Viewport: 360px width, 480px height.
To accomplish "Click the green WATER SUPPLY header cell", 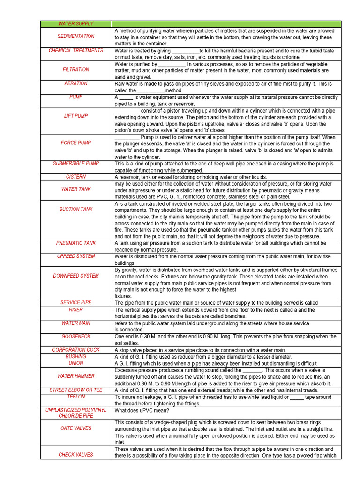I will coord(76,23).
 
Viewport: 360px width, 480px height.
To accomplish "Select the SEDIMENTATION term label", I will coord(76,36).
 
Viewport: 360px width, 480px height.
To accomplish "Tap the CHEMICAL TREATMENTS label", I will coord(76,50).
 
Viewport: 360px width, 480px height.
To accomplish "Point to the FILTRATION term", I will coord(76,69).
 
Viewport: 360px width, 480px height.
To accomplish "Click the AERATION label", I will coord(76,83).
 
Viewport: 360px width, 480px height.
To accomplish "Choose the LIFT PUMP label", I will coord(76,116).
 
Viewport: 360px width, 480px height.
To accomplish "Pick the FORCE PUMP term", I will coord(76,142).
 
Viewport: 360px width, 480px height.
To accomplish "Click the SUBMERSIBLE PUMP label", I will coord(76,163).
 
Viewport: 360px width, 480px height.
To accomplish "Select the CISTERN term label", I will coord(76,177).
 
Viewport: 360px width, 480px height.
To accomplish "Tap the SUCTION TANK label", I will coord(76,209).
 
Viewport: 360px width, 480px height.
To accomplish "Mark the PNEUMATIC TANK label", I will coord(76,243).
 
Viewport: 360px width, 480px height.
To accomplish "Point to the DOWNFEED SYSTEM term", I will coord(76,276).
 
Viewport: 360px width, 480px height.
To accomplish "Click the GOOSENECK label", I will coord(76,337).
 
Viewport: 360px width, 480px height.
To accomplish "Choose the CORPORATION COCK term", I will coord(76,350).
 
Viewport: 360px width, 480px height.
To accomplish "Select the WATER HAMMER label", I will coord(76,376).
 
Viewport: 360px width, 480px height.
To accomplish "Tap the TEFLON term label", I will coord(76,397).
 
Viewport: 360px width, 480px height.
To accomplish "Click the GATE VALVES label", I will coord(76,428).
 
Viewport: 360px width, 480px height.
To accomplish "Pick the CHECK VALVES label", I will coord(76,455).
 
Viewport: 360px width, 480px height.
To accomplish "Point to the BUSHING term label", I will coord(76,356).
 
